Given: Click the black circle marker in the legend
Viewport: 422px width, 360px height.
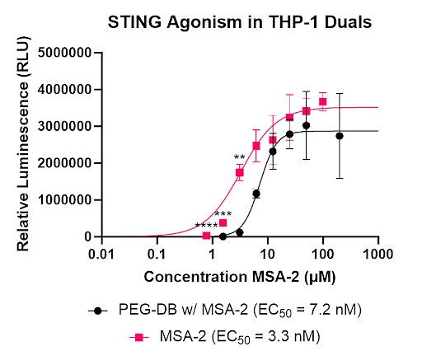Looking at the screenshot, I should coord(99,311).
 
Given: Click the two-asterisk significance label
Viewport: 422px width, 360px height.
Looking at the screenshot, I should coord(239,158).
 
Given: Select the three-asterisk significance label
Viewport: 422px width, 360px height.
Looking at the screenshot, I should coord(223,215).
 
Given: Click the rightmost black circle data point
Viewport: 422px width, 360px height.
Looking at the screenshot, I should coord(339,136).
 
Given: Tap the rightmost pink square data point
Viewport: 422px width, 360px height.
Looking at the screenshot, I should coord(322,102).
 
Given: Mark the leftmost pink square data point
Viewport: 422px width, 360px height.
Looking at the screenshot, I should coord(206,236).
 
